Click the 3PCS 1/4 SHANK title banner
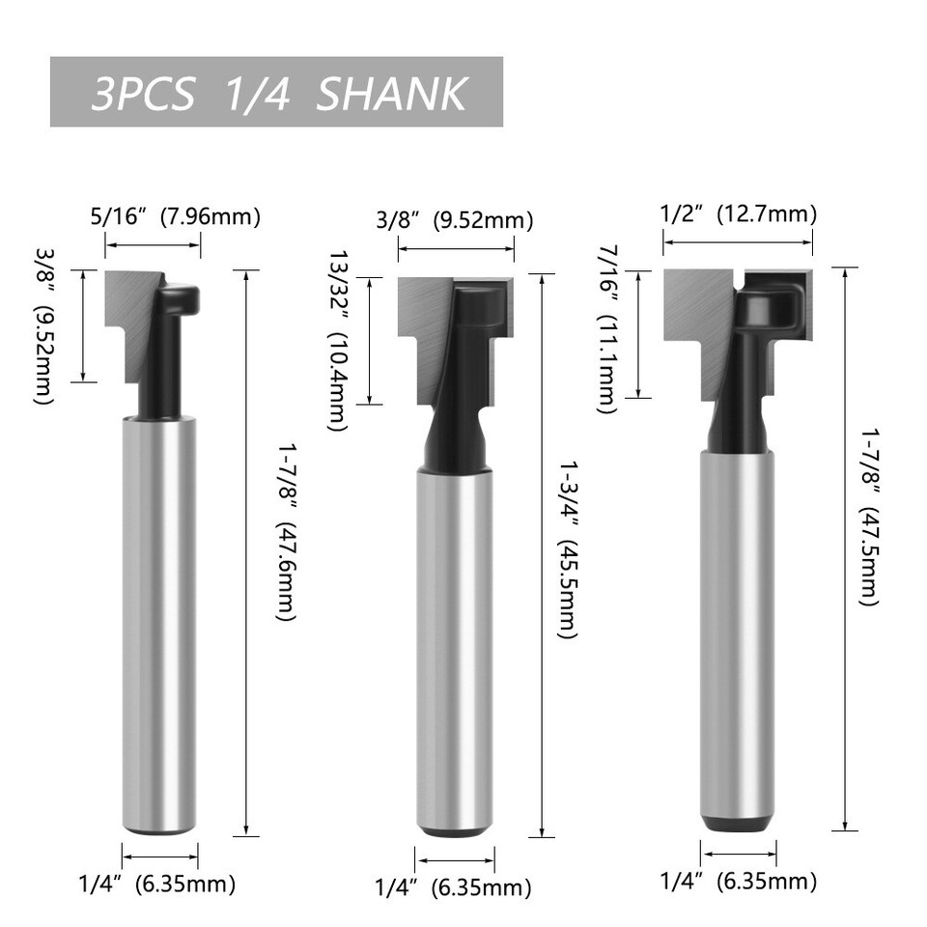coord(276,92)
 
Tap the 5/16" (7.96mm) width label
coord(175,216)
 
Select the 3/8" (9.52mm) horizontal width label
coord(453,220)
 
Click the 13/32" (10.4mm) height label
coord(338,340)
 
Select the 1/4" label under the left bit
coord(156,883)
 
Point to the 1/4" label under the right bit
coord(738,881)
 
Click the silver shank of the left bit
coord(160,628)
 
